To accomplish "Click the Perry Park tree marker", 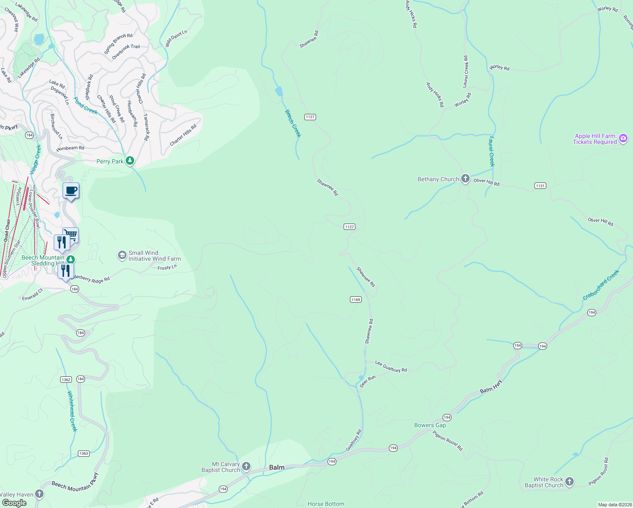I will (x=130, y=161).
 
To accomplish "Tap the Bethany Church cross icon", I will (x=465, y=179).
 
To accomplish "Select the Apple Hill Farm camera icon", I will (x=623, y=138).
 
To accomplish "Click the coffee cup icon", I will (x=71, y=191).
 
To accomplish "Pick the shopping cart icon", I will (x=71, y=235).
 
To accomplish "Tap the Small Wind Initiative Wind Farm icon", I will (x=122, y=255).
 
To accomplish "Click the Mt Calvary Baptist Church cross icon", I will (x=246, y=467).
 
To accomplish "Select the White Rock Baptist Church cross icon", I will (x=570, y=482).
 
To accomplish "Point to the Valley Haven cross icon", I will (x=39, y=494).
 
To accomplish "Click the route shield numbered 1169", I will (x=355, y=300).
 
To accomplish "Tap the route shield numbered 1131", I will (x=540, y=186).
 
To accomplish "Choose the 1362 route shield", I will (x=66, y=379).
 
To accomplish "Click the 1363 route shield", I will (x=84, y=453).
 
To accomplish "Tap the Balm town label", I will (x=277, y=467).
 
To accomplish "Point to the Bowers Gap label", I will (x=430, y=425).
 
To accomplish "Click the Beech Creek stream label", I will (x=293, y=123).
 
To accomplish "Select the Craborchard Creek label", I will (x=601, y=285).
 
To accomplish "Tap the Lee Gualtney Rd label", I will (x=391, y=367).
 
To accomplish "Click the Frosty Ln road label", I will (x=167, y=268).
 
